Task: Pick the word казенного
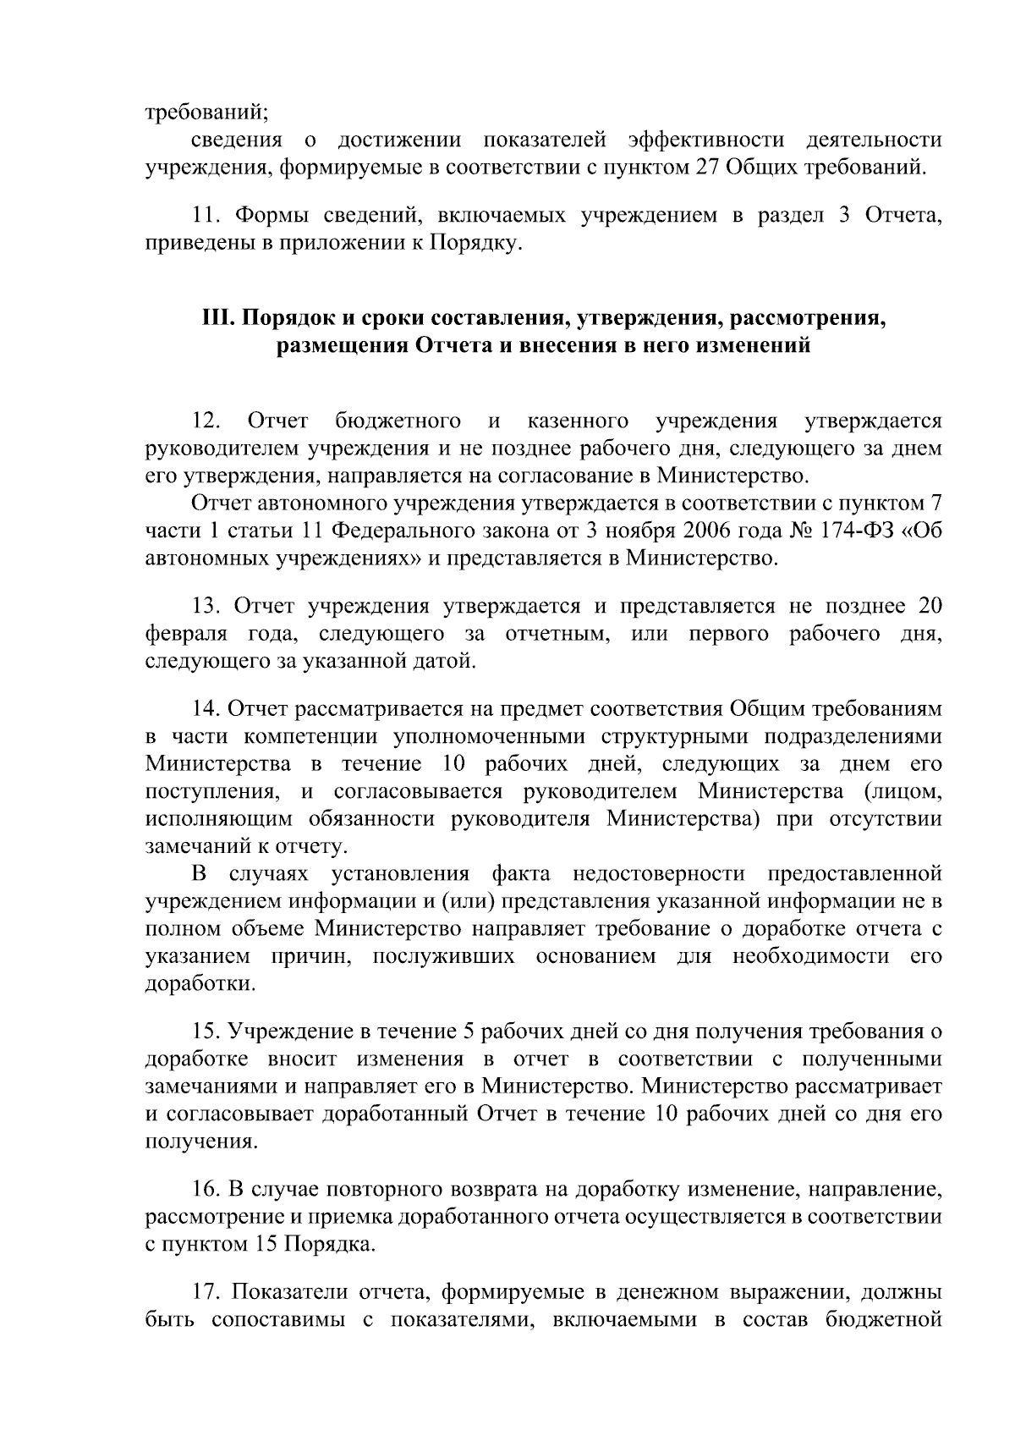click(578, 421)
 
